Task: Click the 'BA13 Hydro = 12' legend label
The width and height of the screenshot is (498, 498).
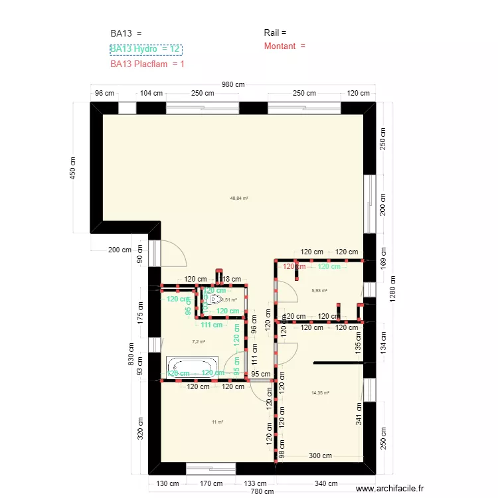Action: (x=145, y=49)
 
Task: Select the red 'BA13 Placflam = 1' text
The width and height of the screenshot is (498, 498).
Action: (x=147, y=64)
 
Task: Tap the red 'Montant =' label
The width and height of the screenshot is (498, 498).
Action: (x=284, y=46)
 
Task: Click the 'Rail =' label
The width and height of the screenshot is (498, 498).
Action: (x=275, y=33)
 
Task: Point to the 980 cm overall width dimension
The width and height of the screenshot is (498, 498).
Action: (x=233, y=84)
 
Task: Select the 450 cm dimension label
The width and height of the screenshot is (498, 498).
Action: (x=74, y=168)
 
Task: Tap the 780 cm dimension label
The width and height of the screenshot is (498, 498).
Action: (x=262, y=492)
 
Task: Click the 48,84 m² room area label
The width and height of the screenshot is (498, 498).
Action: (x=239, y=198)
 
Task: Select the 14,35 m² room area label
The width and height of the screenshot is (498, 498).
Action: (x=320, y=392)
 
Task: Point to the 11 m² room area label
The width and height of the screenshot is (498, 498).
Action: (x=217, y=422)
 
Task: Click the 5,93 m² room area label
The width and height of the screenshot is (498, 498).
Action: (x=320, y=290)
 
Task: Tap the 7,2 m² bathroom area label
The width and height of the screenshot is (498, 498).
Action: (x=199, y=342)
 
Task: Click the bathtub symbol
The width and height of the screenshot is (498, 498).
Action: (x=191, y=366)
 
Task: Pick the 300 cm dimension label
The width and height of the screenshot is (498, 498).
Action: (x=320, y=456)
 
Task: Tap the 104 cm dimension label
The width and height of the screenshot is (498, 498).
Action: (x=151, y=94)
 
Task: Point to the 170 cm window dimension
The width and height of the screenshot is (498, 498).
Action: (x=211, y=484)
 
